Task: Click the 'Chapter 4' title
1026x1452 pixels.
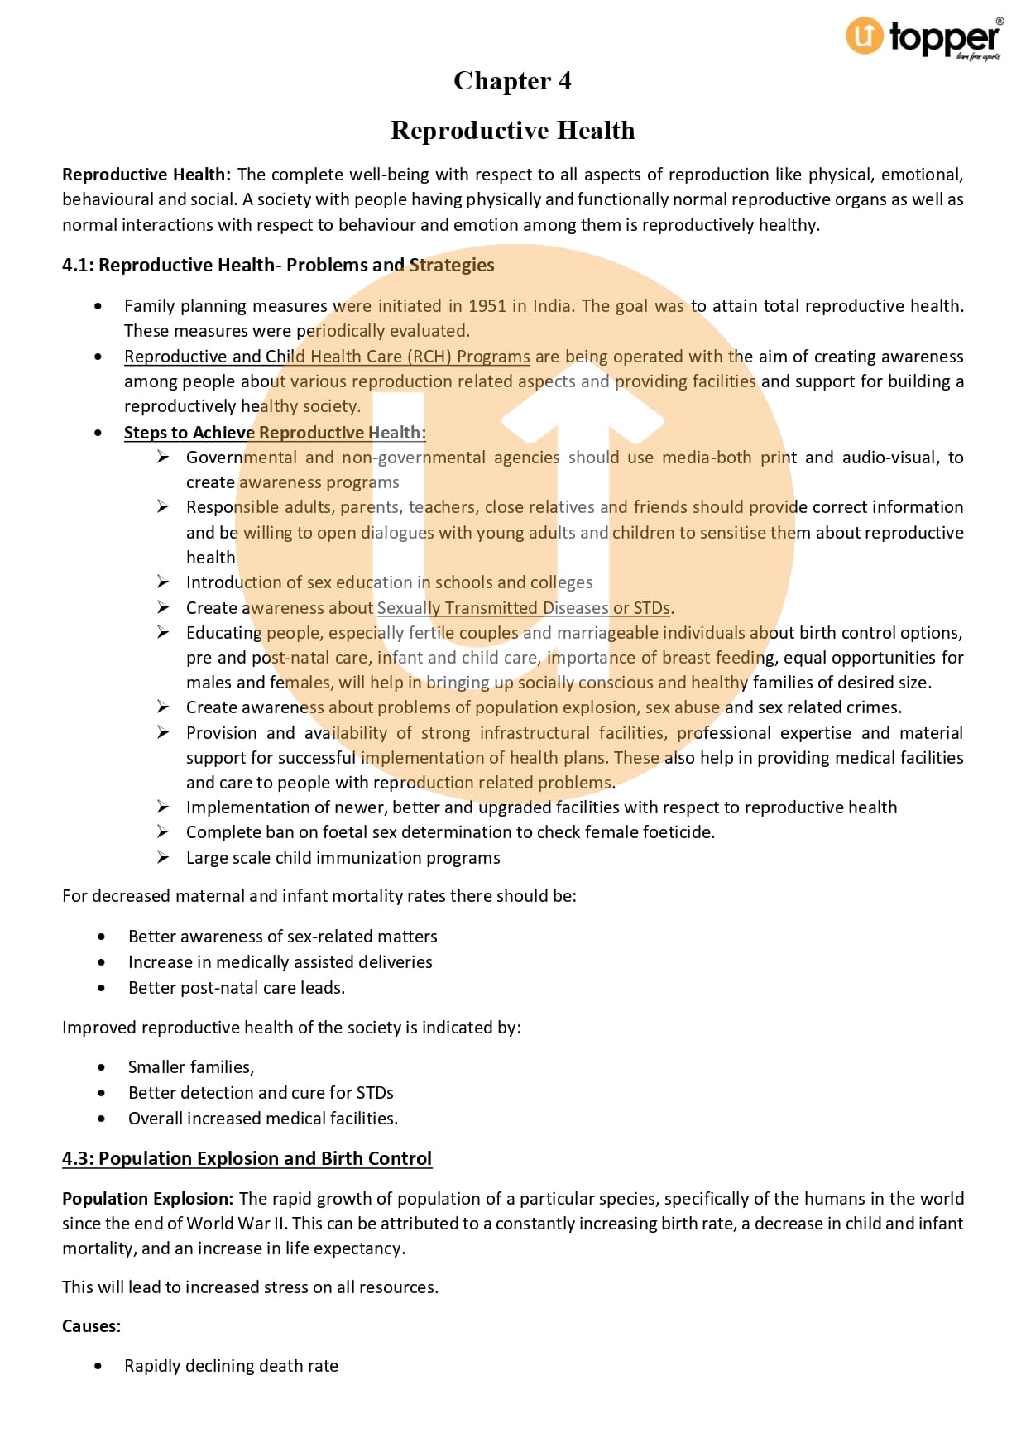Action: tap(512, 81)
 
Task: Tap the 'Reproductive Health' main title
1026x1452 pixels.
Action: tap(512, 131)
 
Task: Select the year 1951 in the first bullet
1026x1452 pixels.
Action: tap(487, 306)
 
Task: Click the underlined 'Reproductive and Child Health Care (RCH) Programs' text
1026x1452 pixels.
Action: tap(327, 357)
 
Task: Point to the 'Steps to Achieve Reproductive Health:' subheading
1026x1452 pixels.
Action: tap(275, 433)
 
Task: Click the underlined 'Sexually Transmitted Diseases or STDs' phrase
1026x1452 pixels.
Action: tap(524, 608)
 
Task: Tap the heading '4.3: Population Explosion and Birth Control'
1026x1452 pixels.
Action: tap(247, 1158)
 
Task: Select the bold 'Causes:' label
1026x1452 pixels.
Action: tap(91, 1326)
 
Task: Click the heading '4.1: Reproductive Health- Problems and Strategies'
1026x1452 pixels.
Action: tap(278, 265)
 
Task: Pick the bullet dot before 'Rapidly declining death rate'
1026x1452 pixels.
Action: tap(99, 1366)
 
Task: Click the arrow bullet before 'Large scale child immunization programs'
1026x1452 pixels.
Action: tap(163, 857)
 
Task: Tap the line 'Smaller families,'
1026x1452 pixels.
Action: tap(191, 1067)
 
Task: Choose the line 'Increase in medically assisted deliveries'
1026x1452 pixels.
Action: tap(280, 962)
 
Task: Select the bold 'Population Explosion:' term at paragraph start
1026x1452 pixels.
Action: tap(148, 1199)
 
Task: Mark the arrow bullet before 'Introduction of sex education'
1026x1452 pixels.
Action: tap(163, 582)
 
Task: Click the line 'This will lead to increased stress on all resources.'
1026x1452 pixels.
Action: tap(250, 1287)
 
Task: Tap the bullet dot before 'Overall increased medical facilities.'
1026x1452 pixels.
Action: tap(101, 1119)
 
